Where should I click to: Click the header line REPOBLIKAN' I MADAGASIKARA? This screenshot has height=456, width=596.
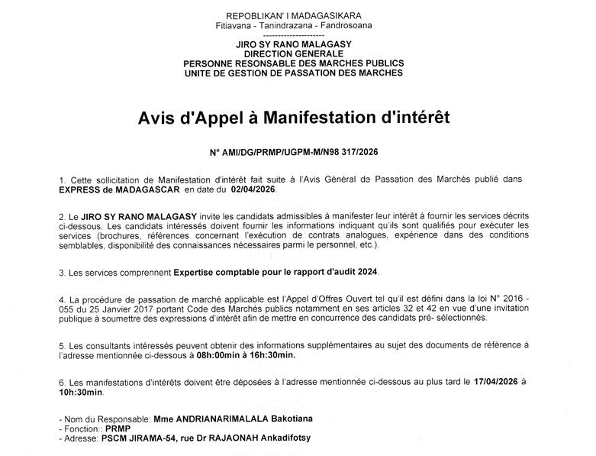click(x=295, y=16)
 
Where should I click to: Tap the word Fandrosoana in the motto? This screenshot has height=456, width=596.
click(x=349, y=27)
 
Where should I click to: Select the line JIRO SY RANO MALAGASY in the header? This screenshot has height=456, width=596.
click(x=294, y=46)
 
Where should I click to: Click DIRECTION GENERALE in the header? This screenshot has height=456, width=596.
click(x=294, y=55)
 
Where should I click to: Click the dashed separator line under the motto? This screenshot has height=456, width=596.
click(x=294, y=36)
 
